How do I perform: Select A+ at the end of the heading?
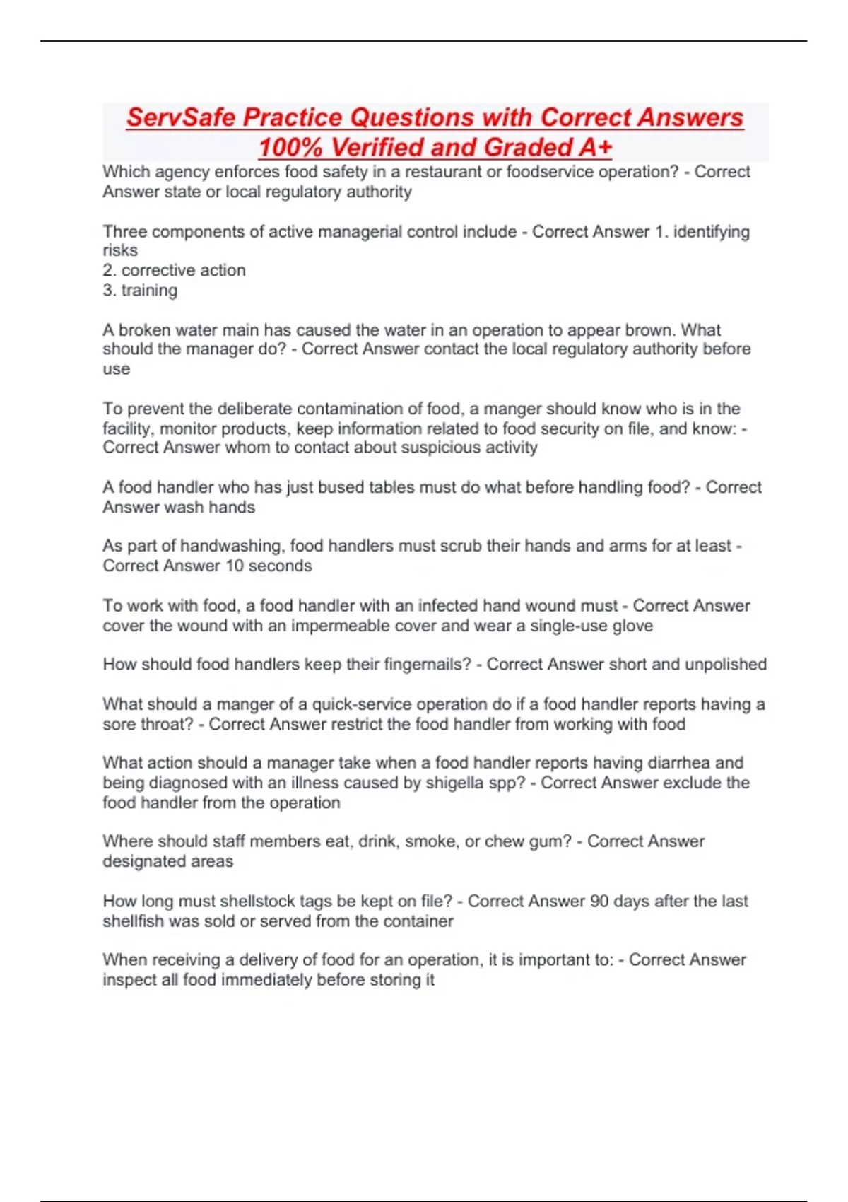pos(595,148)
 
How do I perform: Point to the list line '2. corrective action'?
pos(175,270)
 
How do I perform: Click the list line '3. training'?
pos(140,290)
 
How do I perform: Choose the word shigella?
pos(457,783)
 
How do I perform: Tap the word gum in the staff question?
pos(550,841)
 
